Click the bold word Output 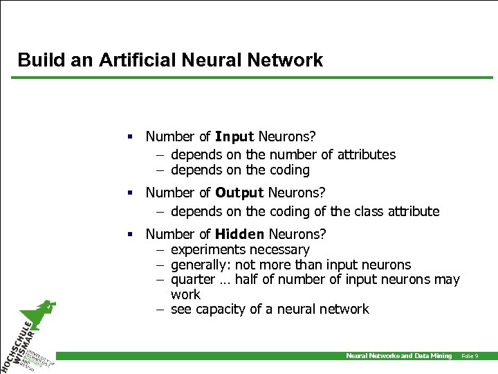click(240, 193)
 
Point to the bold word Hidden click(240, 234)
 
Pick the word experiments click(205, 249)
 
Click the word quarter click(193, 280)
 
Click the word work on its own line click(185, 294)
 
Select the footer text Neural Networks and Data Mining click(398, 356)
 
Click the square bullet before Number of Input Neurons click(129, 137)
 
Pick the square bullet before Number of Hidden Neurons click(129, 234)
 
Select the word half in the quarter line click(248, 280)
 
